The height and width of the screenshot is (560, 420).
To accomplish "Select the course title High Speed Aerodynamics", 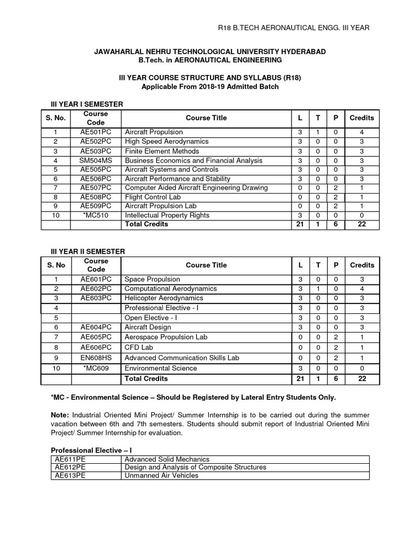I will (x=163, y=142).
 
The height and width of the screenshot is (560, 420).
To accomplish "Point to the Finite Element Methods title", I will (x=162, y=151).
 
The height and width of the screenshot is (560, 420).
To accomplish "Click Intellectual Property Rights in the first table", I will (x=167, y=215).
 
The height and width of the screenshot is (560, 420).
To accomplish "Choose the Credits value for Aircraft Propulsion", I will (x=361, y=132).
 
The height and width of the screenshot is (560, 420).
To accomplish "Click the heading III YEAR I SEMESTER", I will (x=87, y=104).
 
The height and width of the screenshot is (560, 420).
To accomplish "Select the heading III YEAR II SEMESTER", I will (x=88, y=252).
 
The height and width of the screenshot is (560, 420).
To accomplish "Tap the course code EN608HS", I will (x=96, y=358).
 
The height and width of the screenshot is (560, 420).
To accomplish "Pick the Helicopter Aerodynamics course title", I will (x=164, y=298).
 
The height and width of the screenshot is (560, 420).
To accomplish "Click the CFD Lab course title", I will (x=139, y=347).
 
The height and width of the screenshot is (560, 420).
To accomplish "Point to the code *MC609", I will (x=96, y=368).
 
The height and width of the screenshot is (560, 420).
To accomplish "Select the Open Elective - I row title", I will (x=151, y=317).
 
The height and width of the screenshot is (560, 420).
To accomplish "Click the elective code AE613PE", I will (x=69, y=475).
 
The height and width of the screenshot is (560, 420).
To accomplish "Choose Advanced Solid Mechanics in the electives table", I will (x=167, y=459).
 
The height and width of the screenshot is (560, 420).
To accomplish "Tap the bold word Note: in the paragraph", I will (x=60, y=415).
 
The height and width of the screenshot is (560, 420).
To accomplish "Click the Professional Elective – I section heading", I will (x=89, y=450).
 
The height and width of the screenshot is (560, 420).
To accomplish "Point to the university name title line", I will (x=209, y=51).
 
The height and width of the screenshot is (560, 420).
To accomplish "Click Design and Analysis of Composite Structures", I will (x=196, y=467).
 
